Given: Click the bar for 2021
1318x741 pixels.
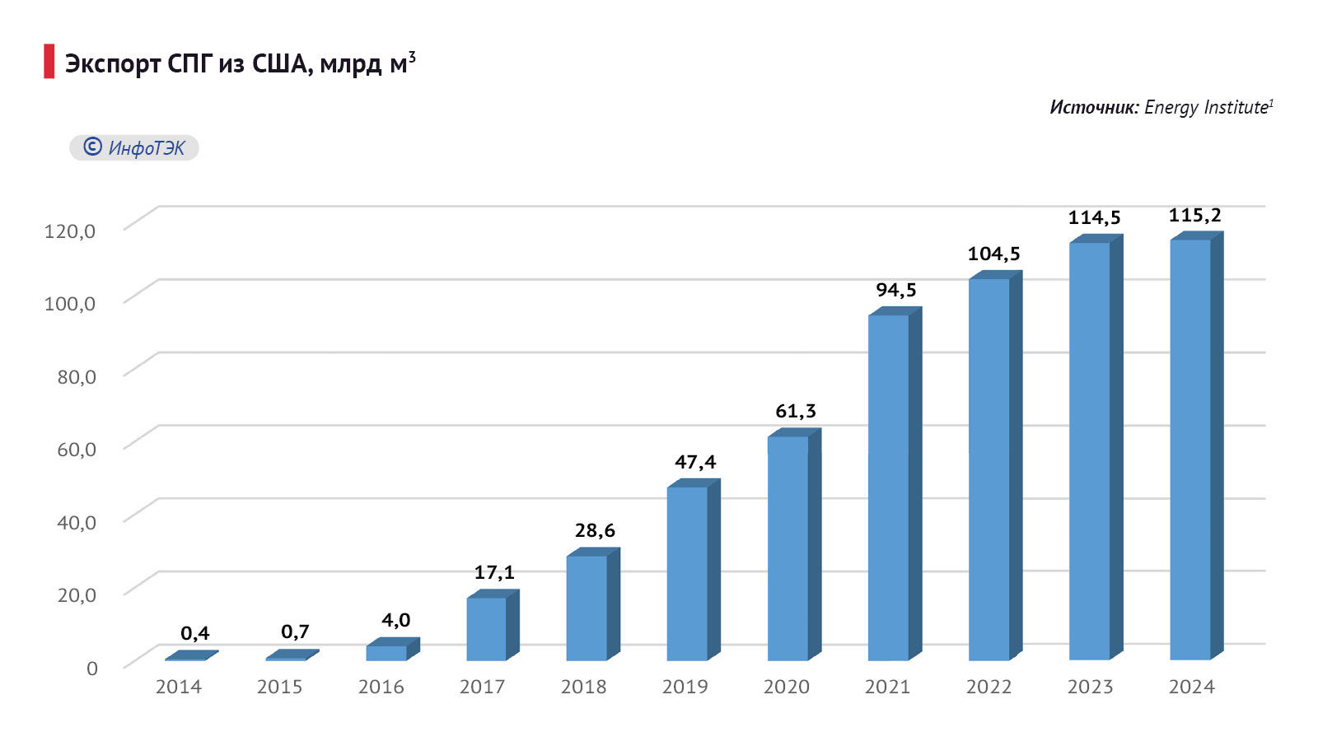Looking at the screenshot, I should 889,487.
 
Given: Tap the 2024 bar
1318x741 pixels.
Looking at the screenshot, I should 1190,450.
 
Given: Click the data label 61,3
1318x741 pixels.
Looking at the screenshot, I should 796,411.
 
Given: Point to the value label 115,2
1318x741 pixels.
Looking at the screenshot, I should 1194,216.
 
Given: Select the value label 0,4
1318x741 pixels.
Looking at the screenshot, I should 195,633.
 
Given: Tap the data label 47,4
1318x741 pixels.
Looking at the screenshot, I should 695,462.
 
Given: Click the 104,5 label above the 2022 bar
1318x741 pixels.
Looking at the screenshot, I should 993,254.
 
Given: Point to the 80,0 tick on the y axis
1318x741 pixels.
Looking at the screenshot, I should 77,376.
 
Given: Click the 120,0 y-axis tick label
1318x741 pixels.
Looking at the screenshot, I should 70,231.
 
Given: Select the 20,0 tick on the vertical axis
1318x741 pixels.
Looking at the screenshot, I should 77,594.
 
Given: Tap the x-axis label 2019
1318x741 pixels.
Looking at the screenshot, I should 685,687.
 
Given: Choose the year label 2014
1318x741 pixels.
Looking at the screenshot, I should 179,687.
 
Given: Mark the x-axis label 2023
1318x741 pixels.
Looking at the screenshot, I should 1090,687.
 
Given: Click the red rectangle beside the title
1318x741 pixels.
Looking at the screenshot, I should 49,62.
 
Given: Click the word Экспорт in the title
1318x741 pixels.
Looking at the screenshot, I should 113,64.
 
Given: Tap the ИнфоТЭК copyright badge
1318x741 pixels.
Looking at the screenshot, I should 134,148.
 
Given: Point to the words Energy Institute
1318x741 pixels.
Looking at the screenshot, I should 1206,107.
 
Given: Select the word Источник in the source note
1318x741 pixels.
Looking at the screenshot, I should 1094,107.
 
